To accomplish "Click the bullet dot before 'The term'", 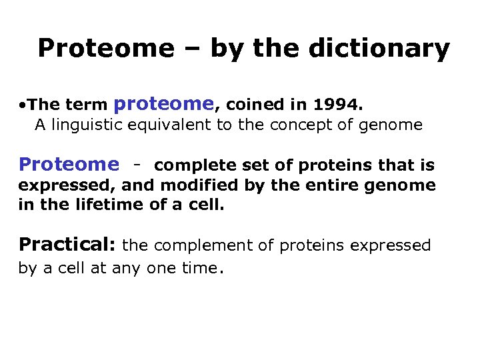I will tap(23, 105).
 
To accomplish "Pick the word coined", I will tap(249, 104).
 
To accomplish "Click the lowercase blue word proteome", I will tap(164, 103).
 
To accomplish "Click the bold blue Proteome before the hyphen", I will tap(69, 164).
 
